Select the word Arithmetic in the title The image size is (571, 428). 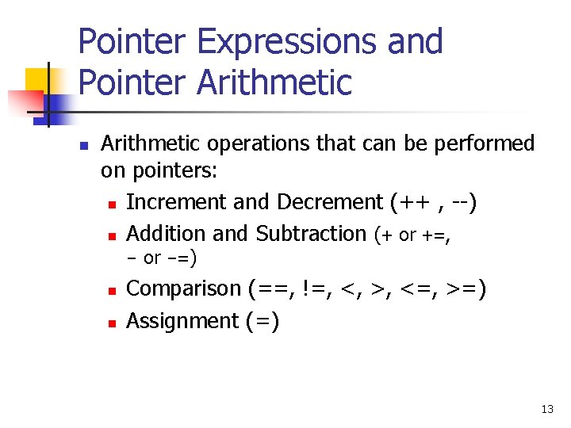(274, 82)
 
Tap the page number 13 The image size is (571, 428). (546, 409)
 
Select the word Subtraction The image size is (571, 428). (311, 234)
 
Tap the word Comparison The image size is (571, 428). (183, 289)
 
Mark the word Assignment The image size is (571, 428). (182, 321)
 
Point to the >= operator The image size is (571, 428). (462, 289)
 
